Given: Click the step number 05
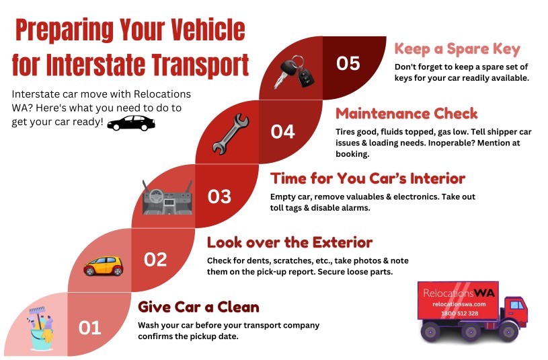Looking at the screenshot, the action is (x=348, y=63).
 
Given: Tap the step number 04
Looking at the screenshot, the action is (x=282, y=132).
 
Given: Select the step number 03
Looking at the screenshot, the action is (x=219, y=196).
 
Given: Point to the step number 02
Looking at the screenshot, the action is (x=155, y=260).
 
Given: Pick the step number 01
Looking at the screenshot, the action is (x=90, y=328).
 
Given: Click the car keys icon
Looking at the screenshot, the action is (x=293, y=73).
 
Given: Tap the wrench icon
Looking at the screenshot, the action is (x=231, y=135).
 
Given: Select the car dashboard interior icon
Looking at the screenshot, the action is (x=167, y=198).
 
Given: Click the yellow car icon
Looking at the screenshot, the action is (x=104, y=266).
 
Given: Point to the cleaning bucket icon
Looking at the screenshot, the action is (x=41, y=328).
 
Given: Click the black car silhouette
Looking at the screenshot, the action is (x=131, y=122).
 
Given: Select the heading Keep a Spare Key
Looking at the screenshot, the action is (x=457, y=49).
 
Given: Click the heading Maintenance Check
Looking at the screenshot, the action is (x=406, y=114).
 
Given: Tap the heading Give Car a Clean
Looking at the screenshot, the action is (x=198, y=307).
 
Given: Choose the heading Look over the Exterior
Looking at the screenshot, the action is (x=290, y=242).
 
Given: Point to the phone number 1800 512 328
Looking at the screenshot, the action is (x=459, y=314).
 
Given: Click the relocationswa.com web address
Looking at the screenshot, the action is (x=459, y=304).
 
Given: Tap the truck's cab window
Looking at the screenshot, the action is (x=517, y=305).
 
